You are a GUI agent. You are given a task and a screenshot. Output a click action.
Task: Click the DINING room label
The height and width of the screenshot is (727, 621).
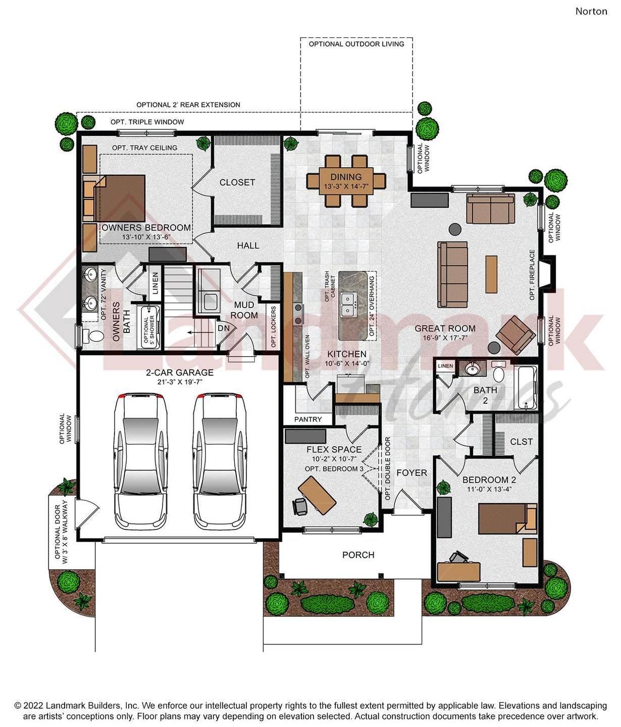click(346, 177)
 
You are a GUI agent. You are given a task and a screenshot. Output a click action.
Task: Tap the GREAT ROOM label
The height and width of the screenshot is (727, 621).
click(445, 328)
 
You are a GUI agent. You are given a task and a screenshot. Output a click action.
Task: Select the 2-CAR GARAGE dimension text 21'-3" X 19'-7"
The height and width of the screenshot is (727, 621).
click(180, 382)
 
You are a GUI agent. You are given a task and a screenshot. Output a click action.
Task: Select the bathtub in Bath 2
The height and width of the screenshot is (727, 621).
click(526, 387)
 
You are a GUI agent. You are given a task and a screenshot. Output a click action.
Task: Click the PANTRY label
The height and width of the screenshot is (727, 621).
click(307, 419)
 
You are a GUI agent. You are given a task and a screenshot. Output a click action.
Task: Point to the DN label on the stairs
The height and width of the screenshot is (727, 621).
click(224, 328)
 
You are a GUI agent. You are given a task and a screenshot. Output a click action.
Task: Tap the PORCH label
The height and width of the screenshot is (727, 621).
click(358, 555)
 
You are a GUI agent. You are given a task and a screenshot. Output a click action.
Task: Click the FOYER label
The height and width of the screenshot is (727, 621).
click(411, 473)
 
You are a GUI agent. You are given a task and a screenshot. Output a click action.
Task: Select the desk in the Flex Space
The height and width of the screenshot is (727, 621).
click(317, 496)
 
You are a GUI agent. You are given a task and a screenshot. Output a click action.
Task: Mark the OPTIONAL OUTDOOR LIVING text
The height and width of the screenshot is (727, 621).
click(356, 44)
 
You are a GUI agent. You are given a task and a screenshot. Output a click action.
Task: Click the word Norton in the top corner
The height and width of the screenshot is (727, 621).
click(591, 11)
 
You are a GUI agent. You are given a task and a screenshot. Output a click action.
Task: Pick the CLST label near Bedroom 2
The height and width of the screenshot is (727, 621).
click(521, 442)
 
